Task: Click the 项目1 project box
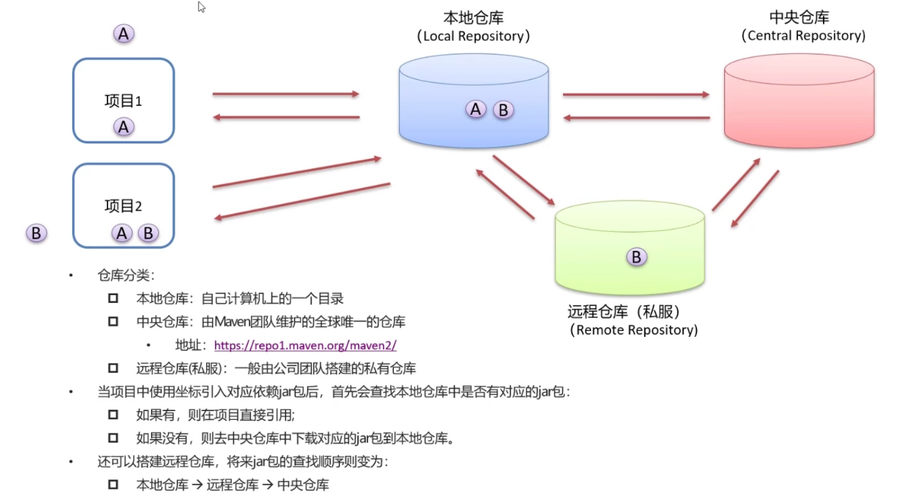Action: (x=124, y=85)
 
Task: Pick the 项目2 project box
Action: (x=124, y=190)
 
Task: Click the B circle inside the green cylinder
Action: (x=637, y=257)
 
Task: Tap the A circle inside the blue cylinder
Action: (x=476, y=109)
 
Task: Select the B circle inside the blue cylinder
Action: (x=503, y=109)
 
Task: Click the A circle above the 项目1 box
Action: (x=123, y=33)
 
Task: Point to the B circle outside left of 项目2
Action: (x=36, y=233)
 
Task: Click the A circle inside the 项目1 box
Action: (x=123, y=126)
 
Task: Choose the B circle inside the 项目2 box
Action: (x=148, y=233)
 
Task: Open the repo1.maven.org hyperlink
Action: (x=305, y=345)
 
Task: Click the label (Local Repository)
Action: (x=473, y=36)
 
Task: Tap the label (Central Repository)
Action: (x=803, y=35)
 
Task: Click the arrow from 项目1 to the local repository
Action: (x=286, y=94)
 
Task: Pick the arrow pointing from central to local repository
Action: (x=636, y=118)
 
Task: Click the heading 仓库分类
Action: (x=127, y=275)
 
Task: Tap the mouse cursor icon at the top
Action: (x=201, y=7)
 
